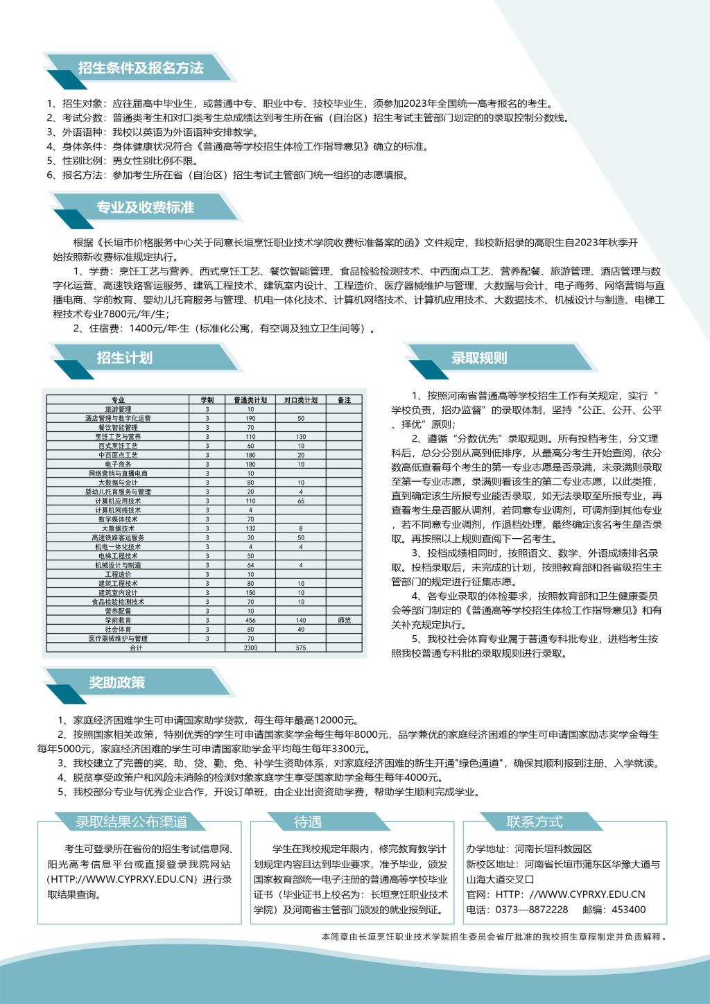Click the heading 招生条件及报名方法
click(x=141, y=68)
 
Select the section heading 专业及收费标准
click(x=146, y=207)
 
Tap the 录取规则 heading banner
click(x=479, y=358)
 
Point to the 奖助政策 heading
click(x=117, y=682)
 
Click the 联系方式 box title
click(x=534, y=822)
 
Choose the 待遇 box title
click(x=308, y=822)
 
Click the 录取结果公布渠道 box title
click(x=131, y=822)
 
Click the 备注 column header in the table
click(x=344, y=400)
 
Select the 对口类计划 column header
click(x=300, y=400)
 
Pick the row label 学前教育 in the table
click(x=118, y=621)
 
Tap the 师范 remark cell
click(x=344, y=621)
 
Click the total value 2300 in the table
click(x=250, y=648)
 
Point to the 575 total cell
click(x=300, y=648)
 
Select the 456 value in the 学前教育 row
click(x=250, y=621)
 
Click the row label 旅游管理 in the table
click(x=118, y=409)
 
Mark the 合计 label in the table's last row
click(x=136, y=648)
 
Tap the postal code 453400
click(x=630, y=910)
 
